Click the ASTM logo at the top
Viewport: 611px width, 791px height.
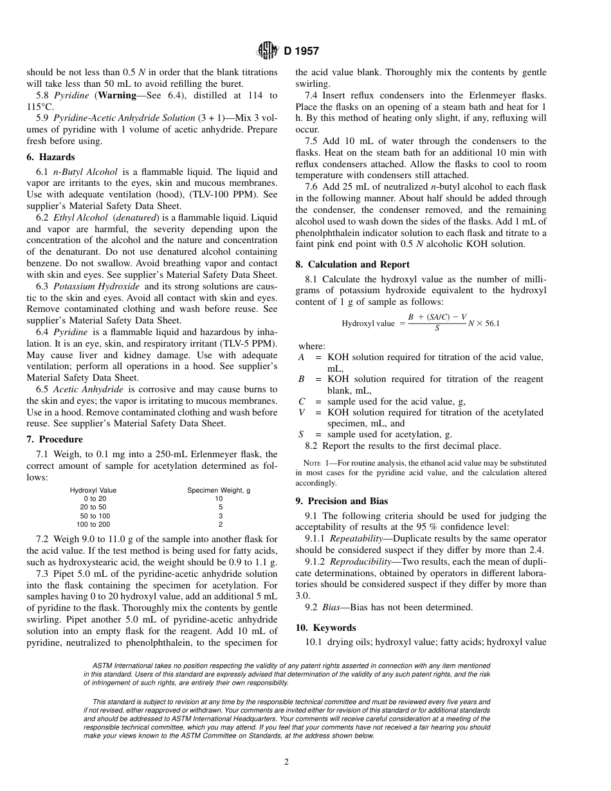coord(267,50)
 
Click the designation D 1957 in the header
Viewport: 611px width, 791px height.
coord(301,51)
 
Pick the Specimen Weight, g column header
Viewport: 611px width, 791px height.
coord(219,490)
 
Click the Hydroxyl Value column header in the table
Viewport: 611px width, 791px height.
coord(93,490)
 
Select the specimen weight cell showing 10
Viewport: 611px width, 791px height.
coord(219,498)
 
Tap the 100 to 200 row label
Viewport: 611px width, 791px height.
coord(93,524)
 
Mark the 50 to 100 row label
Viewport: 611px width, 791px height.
coord(95,516)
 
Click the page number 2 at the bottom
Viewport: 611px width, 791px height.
coord(287,762)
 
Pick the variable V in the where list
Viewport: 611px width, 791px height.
coord(302,412)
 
